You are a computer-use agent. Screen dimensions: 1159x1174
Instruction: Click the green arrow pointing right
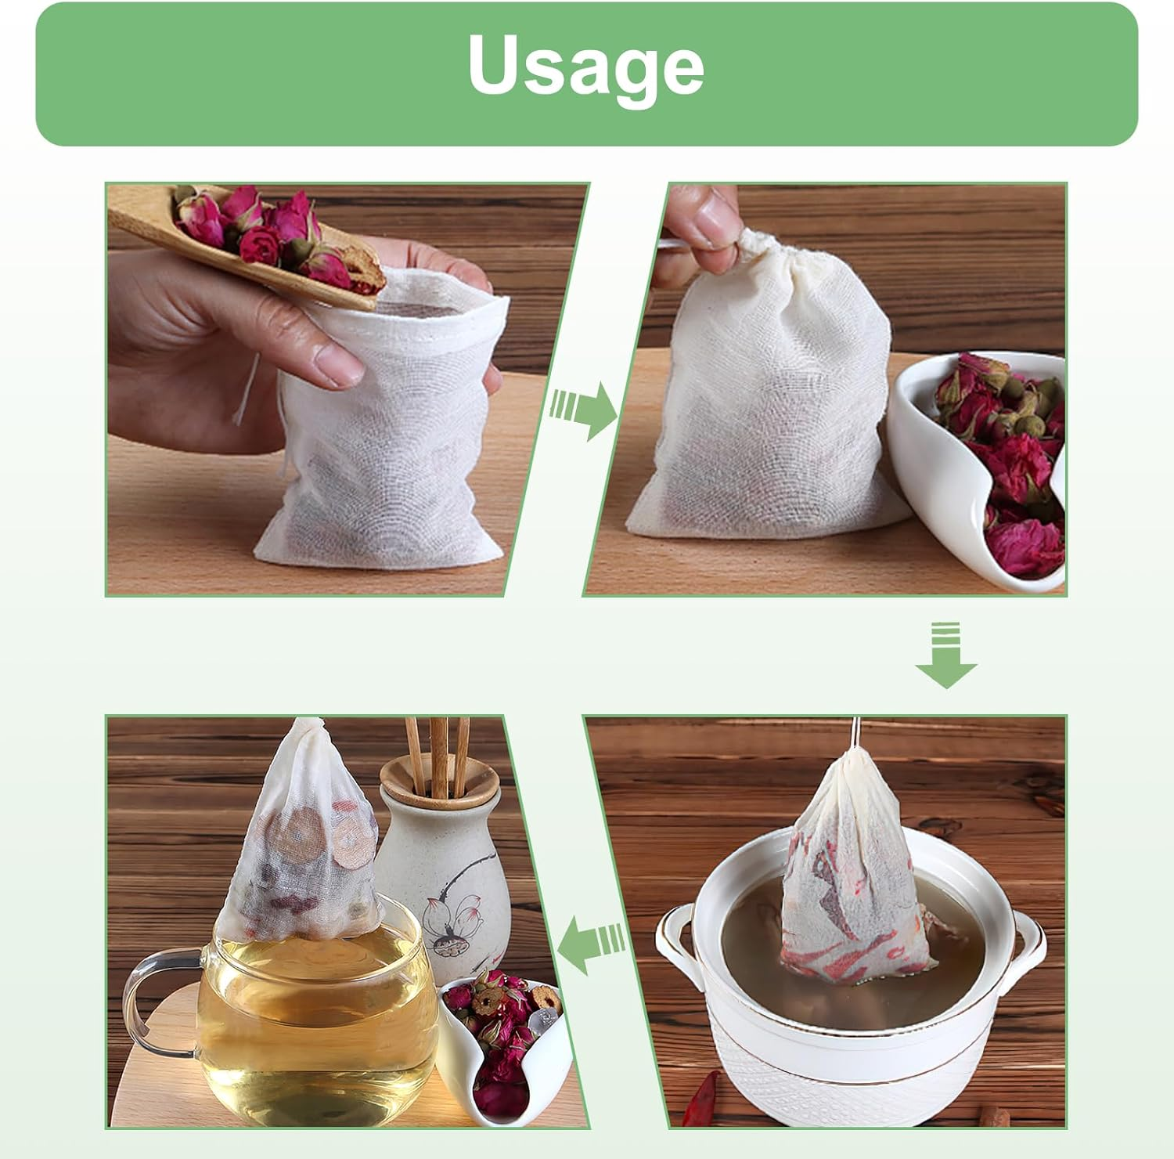tap(586, 409)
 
